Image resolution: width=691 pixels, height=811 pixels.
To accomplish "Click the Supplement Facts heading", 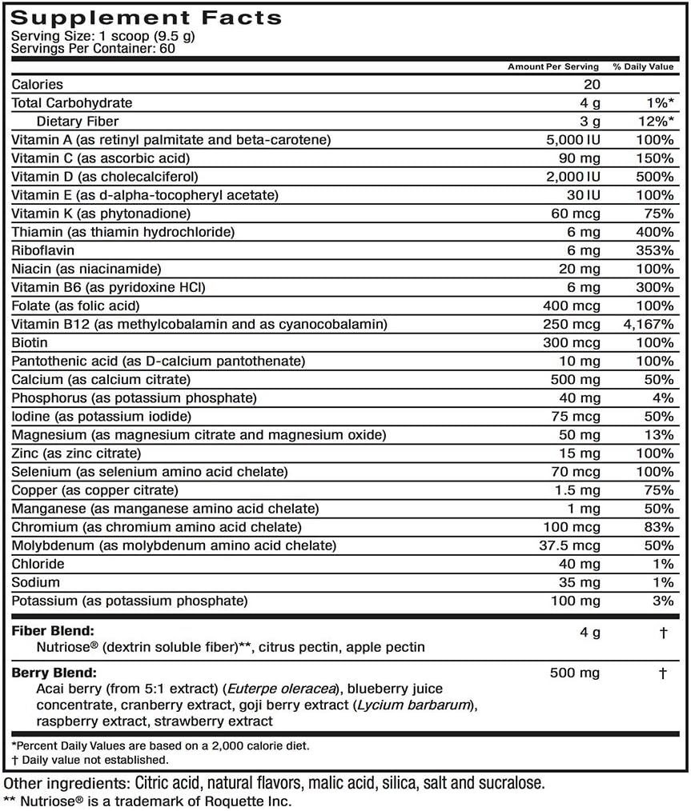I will click(146, 17).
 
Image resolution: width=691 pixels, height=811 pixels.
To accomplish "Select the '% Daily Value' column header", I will click(643, 67).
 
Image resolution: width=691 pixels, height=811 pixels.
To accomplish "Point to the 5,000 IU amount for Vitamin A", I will click(572, 140).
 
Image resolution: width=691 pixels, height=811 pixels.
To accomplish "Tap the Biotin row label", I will click(30, 342).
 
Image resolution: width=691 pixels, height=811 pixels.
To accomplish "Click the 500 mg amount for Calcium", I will click(576, 379).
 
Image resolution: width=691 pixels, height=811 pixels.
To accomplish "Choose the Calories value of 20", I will click(593, 85).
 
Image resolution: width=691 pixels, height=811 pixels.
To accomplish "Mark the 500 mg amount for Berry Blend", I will click(576, 673).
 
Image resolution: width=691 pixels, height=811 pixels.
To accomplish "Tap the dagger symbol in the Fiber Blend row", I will click(663, 632).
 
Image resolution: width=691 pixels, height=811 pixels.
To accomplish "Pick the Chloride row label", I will click(37, 564).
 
